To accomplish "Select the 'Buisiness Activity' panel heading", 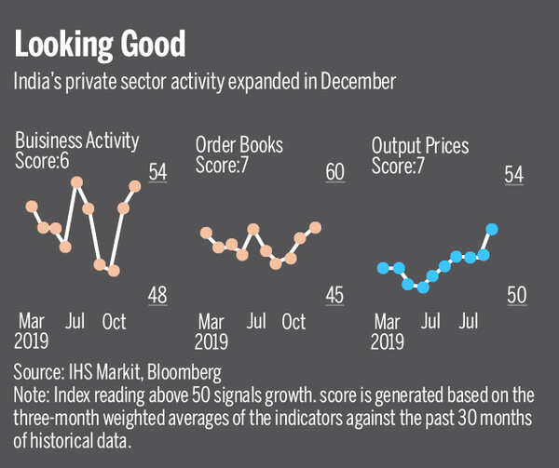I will point(76,141).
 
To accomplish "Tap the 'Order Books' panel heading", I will point(239,145).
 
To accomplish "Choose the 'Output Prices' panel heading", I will point(420,145).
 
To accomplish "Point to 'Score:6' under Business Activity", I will point(44,160).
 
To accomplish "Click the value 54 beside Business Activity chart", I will point(157,173).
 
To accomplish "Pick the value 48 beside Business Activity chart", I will point(157,295).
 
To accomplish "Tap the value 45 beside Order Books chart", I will point(334,295).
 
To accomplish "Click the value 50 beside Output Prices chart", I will point(517,295).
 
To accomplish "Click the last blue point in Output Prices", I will point(492,229).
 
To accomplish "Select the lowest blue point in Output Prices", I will point(423,287).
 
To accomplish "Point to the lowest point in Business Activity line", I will point(114,271).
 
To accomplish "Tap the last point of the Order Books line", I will point(315,227).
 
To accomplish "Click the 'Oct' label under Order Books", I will point(293,322).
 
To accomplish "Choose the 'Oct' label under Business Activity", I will point(114,322).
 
